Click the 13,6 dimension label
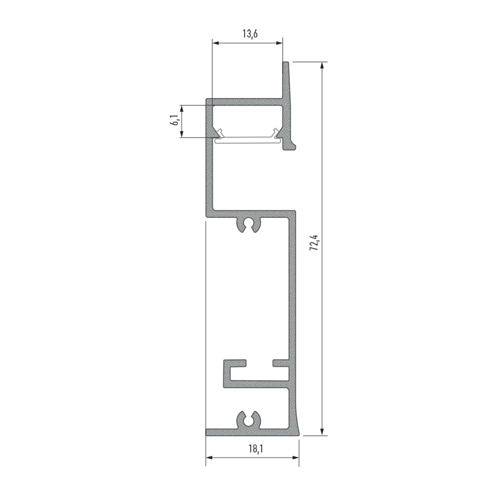pyautogui.click(x=250, y=34)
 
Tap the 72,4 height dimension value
pyautogui.click(x=314, y=243)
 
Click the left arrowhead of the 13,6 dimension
pyautogui.click(x=215, y=43)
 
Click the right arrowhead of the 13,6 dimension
pyautogui.click(x=279, y=43)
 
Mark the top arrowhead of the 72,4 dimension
pyautogui.click(x=322, y=65)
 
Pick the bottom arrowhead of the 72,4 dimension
pyautogui.click(x=322, y=432)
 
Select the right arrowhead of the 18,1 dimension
pyautogui.click(x=296, y=458)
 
